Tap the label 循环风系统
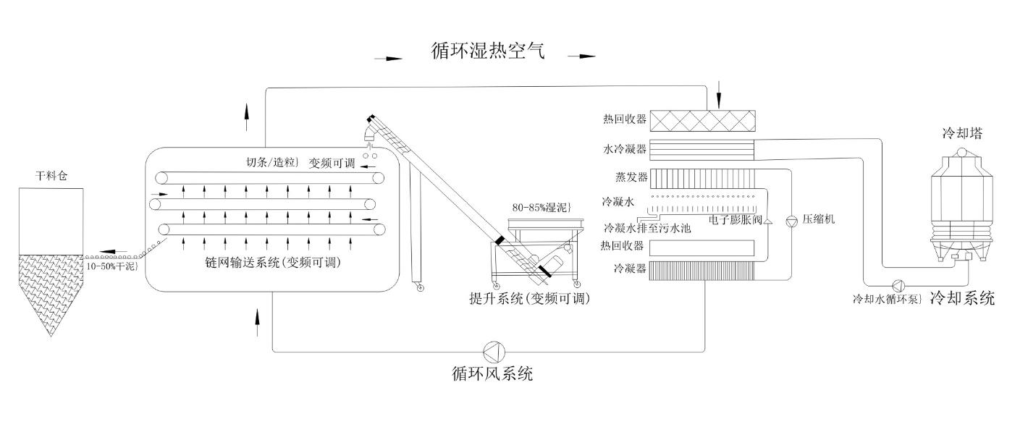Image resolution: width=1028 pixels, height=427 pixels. [x=492, y=374]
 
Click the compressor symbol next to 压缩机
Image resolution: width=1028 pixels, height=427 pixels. [x=791, y=219]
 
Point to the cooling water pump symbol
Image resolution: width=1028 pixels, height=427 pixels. [x=898, y=284]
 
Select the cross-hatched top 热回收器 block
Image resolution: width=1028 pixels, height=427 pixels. [x=702, y=119]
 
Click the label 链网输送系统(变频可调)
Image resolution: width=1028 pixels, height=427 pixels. [x=273, y=263]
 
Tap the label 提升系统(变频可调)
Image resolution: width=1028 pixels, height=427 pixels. [x=529, y=297]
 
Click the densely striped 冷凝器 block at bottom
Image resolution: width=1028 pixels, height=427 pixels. [x=702, y=271]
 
